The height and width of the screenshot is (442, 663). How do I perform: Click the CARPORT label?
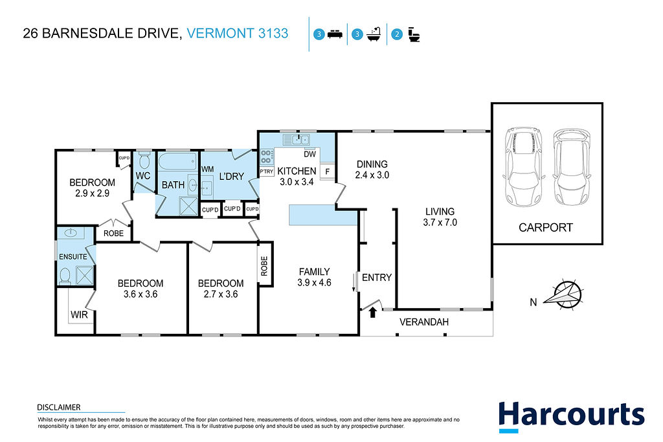pos(545,228)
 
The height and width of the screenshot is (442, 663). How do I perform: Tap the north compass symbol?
pos(564,294)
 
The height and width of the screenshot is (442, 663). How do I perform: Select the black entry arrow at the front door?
pos(372,313)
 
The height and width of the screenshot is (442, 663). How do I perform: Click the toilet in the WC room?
pos(144,160)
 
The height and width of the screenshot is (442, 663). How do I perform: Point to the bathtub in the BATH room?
pos(177,161)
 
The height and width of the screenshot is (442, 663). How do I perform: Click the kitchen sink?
pos(297,139)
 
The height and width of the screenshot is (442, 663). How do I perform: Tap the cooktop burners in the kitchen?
pos(266,157)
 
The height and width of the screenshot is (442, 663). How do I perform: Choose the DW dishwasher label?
pos(310,154)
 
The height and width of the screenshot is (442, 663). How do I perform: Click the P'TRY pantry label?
pos(266,171)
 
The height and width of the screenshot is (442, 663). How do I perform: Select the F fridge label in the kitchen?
pos(327,172)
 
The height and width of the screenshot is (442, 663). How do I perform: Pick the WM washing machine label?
pos(207,169)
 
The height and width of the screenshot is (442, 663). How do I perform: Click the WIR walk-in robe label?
pos(79,315)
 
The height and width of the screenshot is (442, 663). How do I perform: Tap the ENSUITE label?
pos(73,256)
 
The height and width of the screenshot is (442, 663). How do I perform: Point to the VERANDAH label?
pos(423,322)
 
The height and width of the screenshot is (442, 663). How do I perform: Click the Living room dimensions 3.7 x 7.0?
pos(440,223)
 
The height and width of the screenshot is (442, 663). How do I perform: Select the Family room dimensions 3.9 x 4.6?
pos(314,283)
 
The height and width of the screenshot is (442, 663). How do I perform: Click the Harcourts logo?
pos(571,416)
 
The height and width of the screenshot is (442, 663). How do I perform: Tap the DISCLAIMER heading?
pos(59,407)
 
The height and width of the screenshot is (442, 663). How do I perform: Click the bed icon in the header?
pos(335,34)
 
